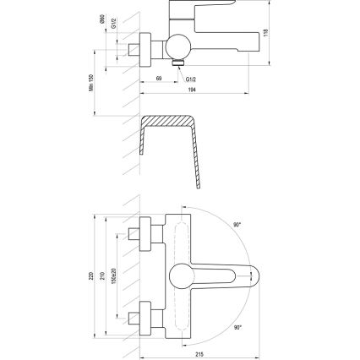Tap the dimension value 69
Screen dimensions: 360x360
[159, 78]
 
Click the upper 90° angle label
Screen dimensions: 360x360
[237, 225]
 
